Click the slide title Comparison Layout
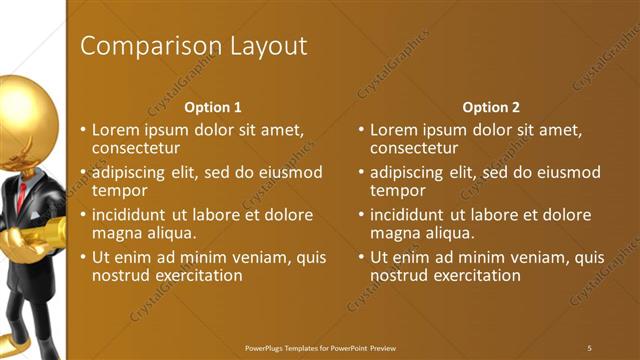(x=193, y=46)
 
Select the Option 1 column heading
(x=213, y=107)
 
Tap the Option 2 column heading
(x=491, y=107)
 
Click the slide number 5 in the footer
(x=589, y=347)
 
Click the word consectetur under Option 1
(x=135, y=148)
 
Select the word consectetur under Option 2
(x=413, y=148)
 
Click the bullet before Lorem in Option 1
(x=83, y=131)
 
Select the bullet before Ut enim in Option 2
(x=361, y=258)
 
